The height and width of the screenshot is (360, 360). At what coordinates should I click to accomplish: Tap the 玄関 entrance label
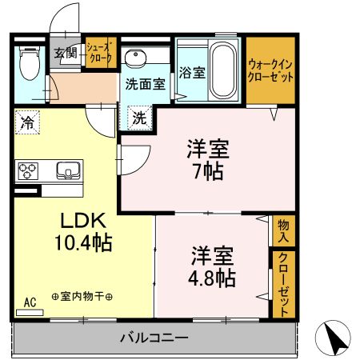tap(63, 54)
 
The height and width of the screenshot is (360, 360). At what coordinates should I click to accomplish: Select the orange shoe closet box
tap(101, 54)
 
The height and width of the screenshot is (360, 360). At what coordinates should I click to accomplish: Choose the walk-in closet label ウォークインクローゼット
tap(270, 70)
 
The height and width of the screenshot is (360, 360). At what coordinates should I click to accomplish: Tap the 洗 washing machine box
tap(138, 118)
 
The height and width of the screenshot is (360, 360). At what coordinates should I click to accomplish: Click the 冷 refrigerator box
tap(26, 123)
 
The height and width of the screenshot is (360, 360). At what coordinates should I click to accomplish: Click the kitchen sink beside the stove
tap(67, 170)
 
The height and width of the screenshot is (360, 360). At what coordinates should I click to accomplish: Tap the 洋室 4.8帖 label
tap(213, 267)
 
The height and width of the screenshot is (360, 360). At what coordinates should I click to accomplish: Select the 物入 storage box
tap(282, 231)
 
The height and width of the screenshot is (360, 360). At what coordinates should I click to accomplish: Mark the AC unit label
tap(30, 302)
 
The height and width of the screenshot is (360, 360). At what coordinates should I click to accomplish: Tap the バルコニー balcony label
tap(154, 338)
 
